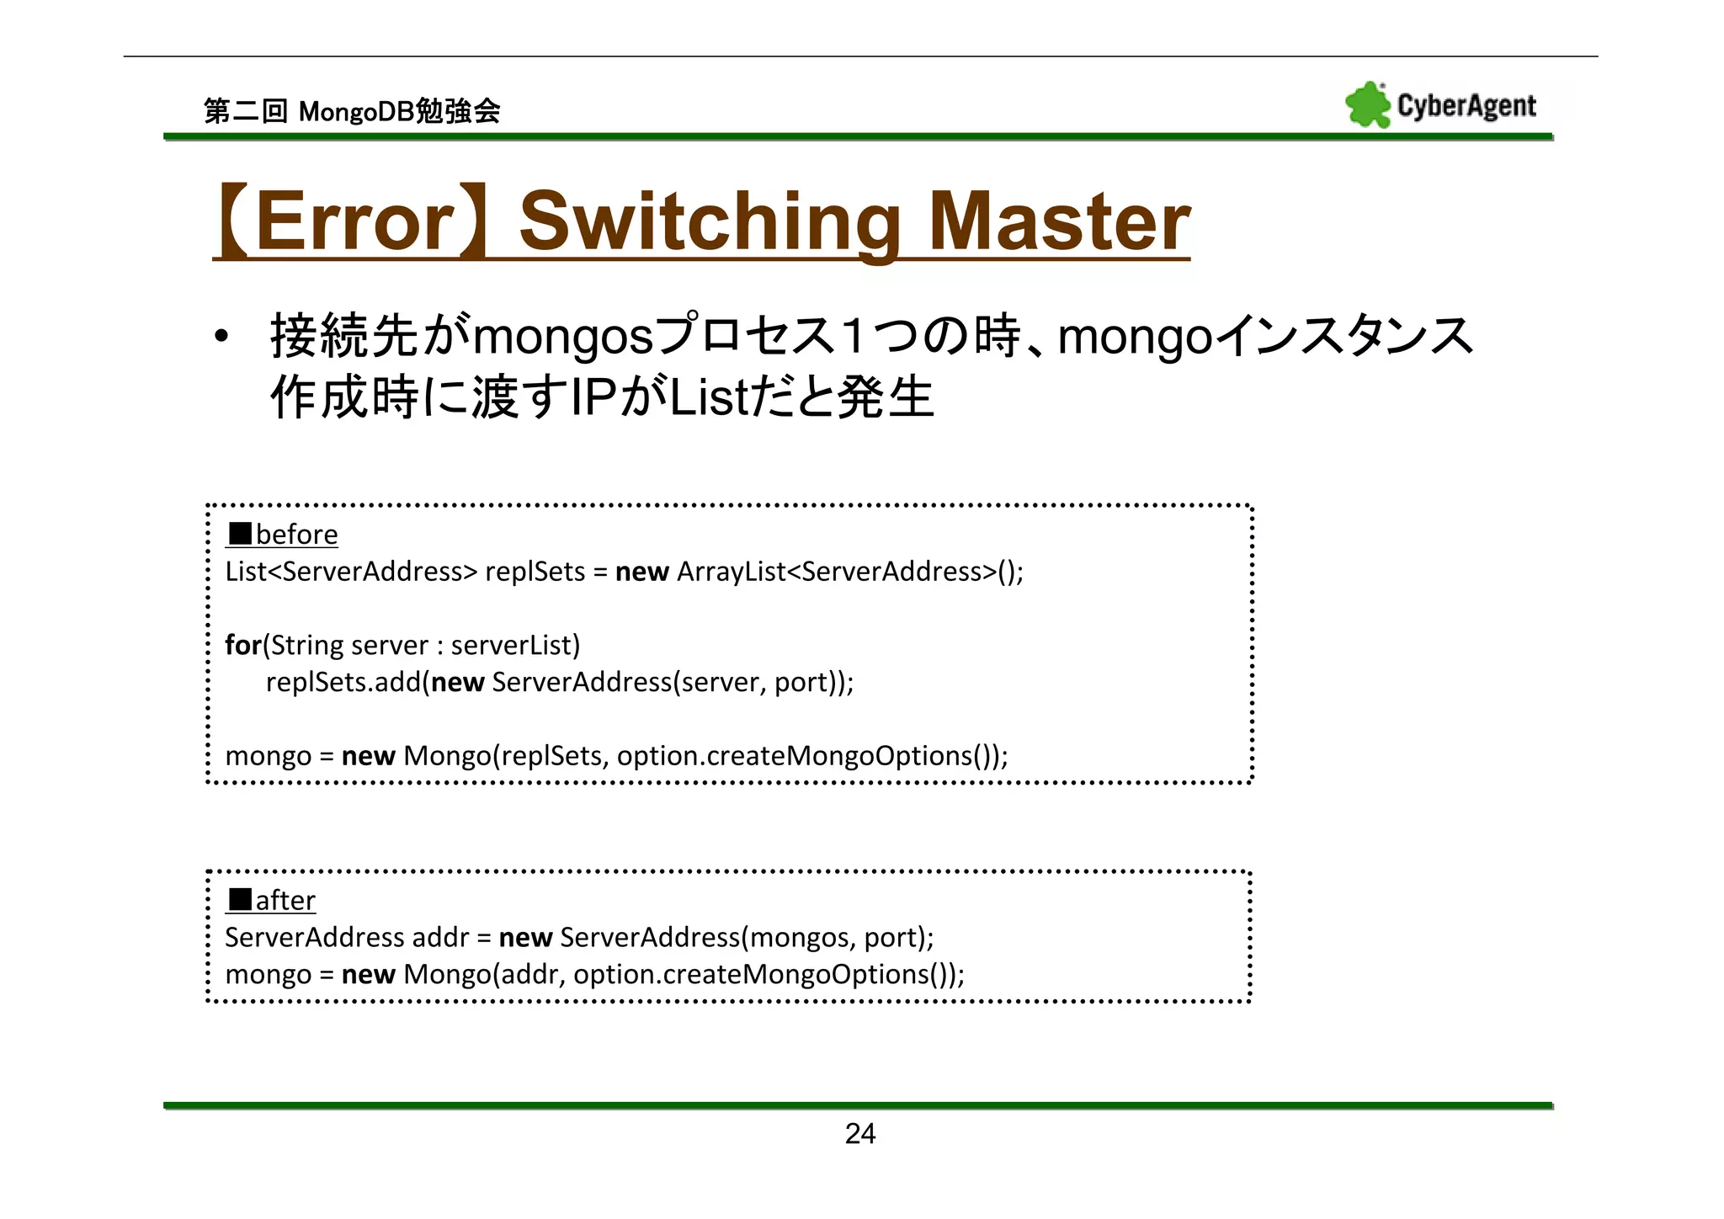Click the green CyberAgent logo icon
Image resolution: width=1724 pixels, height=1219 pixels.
point(1367,105)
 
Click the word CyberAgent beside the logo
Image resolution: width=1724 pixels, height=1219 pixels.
point(1466,106)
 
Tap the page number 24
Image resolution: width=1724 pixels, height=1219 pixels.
point(859,1134)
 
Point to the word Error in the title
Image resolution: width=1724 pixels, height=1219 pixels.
point(354,221)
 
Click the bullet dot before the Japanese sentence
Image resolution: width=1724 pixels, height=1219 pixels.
point(221,337)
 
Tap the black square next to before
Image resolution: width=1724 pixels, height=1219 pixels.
point(240,534)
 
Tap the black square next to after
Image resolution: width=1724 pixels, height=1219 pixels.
point(240,900)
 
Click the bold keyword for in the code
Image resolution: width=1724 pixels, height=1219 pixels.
point(242,645)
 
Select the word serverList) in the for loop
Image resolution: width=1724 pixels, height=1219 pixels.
point(515,645)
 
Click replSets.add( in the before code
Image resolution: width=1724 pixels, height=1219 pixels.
point(348,682)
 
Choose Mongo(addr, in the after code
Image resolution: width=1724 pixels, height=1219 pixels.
point(484,974)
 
